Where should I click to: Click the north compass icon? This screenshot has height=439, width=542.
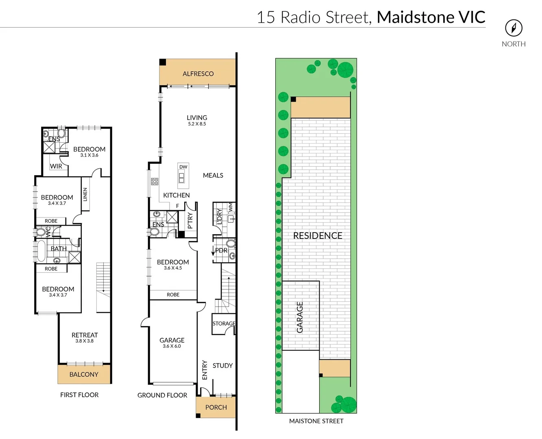(514, 28)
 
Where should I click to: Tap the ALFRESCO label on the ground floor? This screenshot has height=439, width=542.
(198, 74)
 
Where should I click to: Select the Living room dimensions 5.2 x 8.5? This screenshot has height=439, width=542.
(197, 124)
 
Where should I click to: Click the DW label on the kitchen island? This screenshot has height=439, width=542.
(183, 167)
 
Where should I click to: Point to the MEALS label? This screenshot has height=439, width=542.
(213, 175)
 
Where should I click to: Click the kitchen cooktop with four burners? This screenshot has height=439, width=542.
(155, 181)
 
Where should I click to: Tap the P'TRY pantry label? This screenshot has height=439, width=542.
(190, 221)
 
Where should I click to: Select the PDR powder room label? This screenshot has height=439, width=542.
(221, 250)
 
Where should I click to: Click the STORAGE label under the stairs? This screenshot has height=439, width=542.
(224, 324)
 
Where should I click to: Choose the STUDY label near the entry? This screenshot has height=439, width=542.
(222, 365)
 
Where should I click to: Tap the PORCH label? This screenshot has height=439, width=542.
(216, 407)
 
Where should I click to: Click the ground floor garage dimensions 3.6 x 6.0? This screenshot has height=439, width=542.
(172, 346)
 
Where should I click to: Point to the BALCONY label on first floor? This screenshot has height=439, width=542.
(84, 374)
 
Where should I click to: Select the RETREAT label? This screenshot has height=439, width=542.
(85, 335)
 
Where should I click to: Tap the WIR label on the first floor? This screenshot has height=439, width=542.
(56, 166)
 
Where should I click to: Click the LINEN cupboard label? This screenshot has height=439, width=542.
(85, 194)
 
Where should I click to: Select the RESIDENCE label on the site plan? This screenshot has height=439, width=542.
(318, 236)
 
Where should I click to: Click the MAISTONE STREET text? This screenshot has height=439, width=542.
(316, 421)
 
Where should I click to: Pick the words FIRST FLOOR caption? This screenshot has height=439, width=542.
(79, 395)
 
